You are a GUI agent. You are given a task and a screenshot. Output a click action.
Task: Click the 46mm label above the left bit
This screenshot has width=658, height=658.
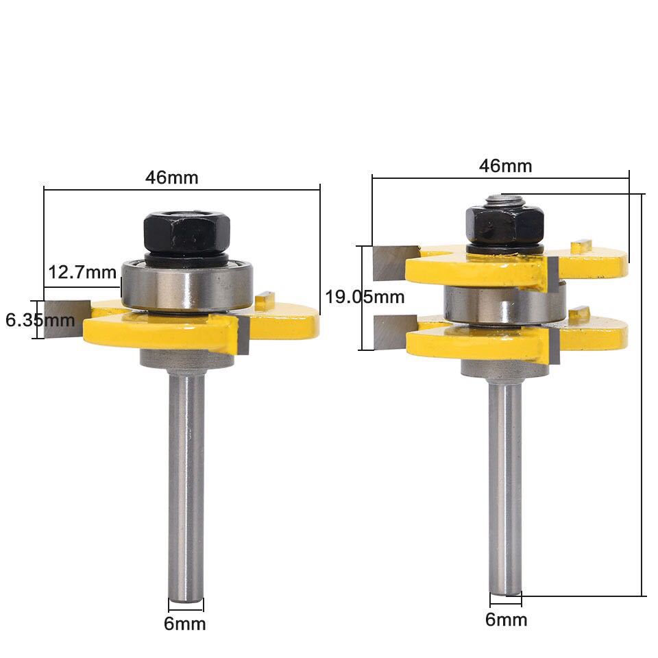(171, 178)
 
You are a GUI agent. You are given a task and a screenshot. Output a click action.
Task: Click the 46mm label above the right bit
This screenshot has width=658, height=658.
(505, 166)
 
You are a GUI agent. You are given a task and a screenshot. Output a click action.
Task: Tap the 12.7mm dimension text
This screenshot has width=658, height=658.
(82, 272)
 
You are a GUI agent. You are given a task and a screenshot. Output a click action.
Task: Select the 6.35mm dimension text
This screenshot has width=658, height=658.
(40, 320)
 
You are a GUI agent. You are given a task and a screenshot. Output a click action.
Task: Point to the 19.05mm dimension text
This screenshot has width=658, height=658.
(365, 297)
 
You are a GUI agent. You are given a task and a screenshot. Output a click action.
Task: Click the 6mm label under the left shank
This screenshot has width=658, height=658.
(184, 624)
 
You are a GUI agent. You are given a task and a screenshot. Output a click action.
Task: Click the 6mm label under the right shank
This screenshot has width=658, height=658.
(506, 620)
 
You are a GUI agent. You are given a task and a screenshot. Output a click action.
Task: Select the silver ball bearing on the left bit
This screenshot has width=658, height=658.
(186, 285)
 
